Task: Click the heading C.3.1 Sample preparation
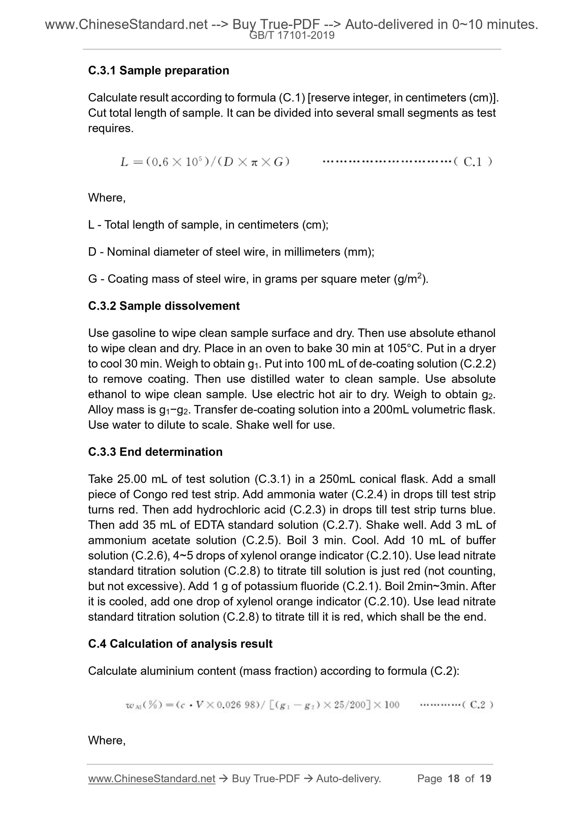click(x=158, y=71)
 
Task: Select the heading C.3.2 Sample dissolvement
click(x=164, y=306)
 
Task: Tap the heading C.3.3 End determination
click(x=155, y=452)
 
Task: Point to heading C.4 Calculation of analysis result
click(x=180, y=644)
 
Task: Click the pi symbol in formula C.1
click(x=254, y=162)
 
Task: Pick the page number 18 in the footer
click(x=453, y=779)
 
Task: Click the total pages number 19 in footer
click(x=485, y=779)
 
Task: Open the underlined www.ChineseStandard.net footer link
click(x=152, y=779)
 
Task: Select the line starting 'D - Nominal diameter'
click(x=231, y=252)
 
